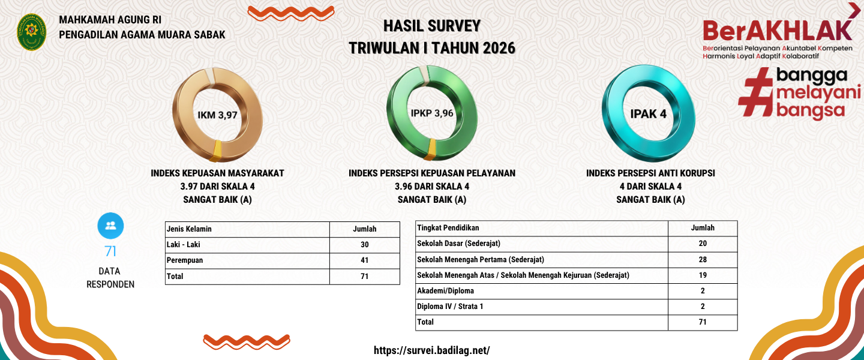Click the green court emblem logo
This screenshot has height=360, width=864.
pyautogui.click(x=32, y=32)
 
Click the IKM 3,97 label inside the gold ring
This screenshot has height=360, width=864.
pyautogui.click(x=217, y=115)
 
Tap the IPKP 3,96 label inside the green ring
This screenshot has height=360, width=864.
pyautogui.click(x=431, y=113)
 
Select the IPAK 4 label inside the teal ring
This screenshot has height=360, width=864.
pyautogui.click(x=648, y=114)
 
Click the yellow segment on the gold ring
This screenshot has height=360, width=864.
pyautogui.click(x=217, y=151)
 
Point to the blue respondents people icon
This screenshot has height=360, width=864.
pyautogui.click(x=110, y=226)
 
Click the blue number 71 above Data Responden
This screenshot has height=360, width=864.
pyautogui.click(x=110, y=251)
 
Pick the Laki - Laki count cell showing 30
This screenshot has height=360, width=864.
pyautogui.click(x=365, y=245)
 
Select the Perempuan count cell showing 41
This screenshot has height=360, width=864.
pyautogui.click(x=365, y=260)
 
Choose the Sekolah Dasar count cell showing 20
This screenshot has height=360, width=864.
pyautogui.click(x=703, y=244)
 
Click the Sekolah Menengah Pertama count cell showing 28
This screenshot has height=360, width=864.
pyautogui.click(x=703, y=260)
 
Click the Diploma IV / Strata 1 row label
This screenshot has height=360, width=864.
pyautogui.click(x=450, y=307)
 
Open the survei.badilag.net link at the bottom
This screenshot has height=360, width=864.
pyautogui.click(x=431, y=350)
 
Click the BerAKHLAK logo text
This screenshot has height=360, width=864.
pyautogui.click(x=777, y=31)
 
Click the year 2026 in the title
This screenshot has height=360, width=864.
pyautogui.click(x=499, y=48)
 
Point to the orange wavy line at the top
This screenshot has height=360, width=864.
pyautogui.click(x=291, y=13)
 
